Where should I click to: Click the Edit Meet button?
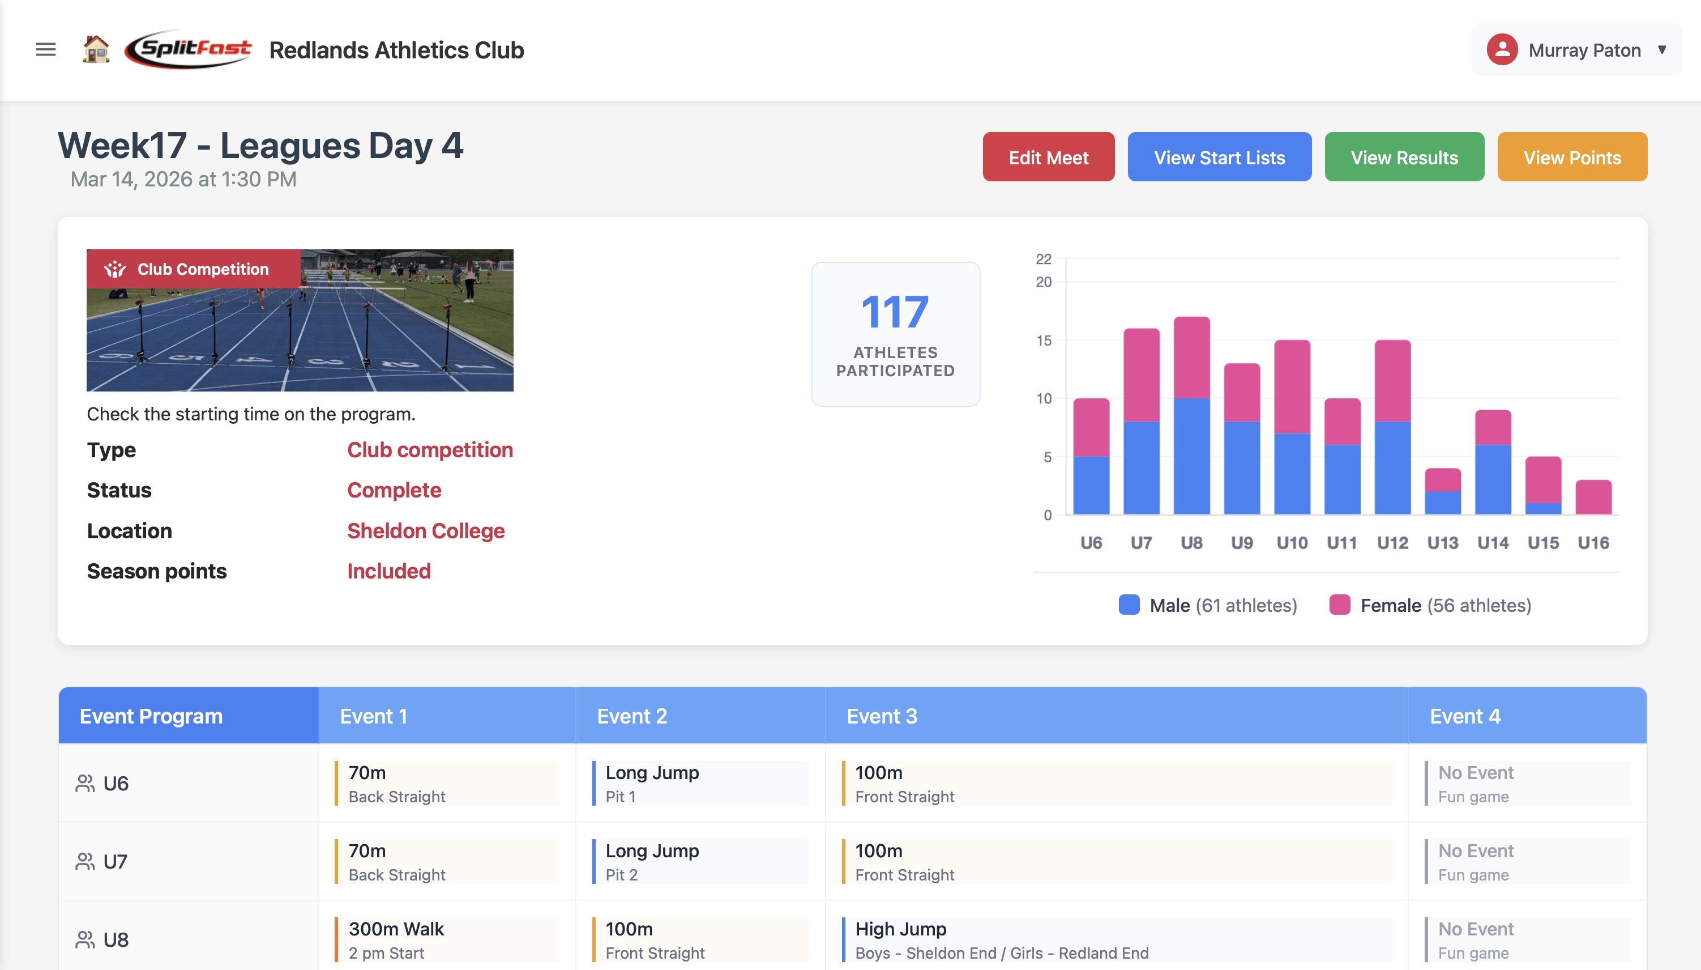click(1048, 157)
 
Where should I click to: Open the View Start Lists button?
click(1219, 157)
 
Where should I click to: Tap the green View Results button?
click(1404, 157)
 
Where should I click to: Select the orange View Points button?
click(1572, 157)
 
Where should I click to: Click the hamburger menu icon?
click(45, 49)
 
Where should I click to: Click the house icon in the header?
click(96, 49)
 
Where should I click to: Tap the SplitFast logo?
click(189, 49)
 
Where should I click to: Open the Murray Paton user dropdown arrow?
click(1662, 49)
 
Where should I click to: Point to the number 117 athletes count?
click(895, 312)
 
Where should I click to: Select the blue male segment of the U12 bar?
click(1392, 467)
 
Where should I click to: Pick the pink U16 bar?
click(1593, 497)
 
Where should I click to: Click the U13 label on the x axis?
click(1443, 543)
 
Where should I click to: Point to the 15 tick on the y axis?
click(1043, 341)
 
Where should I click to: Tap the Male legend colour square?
click(1129, 605)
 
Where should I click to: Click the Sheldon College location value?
click(425, 531)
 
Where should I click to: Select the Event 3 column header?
click(882, 716)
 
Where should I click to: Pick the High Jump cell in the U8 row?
click(900, 929)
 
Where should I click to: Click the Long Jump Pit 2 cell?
click(652, 861)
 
